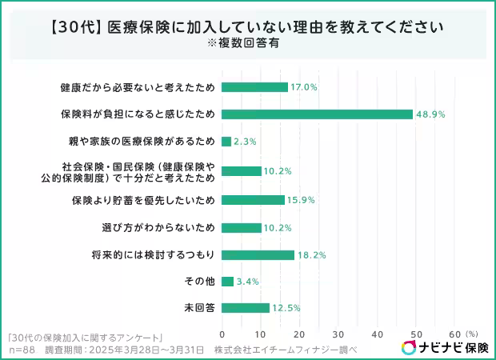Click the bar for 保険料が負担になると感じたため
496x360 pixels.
(317, 114)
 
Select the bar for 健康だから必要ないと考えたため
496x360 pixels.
(254, 86)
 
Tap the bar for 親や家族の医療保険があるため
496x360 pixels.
(226, 142)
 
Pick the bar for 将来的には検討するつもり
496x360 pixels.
(257, 255)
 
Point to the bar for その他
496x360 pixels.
(227, 282)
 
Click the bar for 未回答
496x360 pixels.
(245, 308)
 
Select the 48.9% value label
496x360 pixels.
(430, 114)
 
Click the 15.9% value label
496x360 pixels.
(302, 199)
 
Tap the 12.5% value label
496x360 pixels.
(286, 308)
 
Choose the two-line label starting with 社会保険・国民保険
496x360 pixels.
(138, 170)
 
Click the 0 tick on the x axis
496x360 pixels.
(222, 333)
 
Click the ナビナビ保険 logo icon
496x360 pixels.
(409, 347)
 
